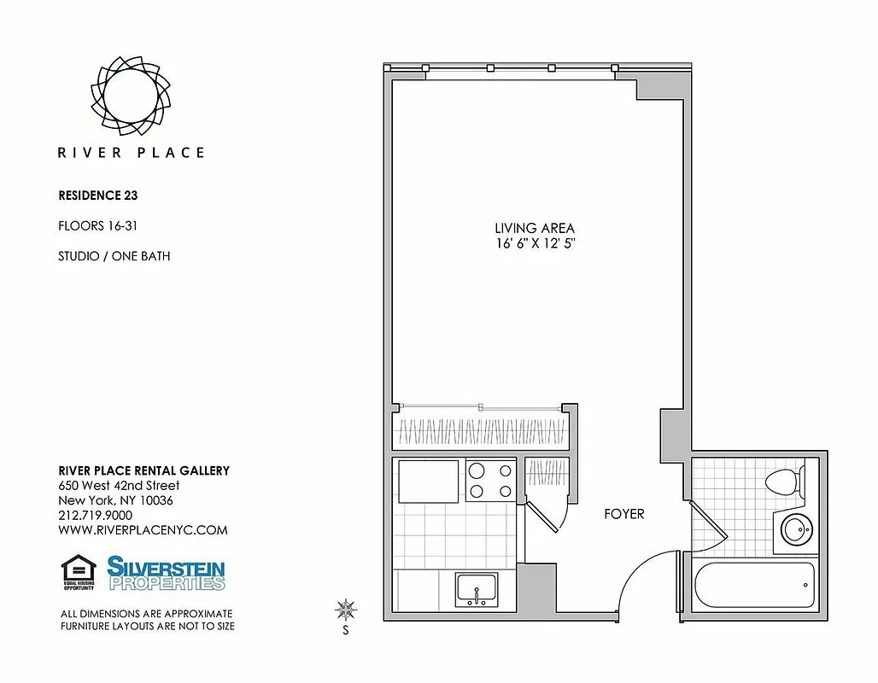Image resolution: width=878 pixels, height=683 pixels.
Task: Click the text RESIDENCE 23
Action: point(98,195)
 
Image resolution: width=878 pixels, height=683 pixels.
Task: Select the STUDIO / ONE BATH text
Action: point(114,256)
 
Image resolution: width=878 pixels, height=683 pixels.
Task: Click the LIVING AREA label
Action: point(535,228)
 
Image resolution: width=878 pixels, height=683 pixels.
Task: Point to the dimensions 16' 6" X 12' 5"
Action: point(535,243)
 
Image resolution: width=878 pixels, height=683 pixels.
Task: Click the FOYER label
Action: point(623,514)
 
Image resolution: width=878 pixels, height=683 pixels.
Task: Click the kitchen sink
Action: point(477,589)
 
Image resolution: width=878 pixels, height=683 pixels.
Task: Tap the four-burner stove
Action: point(490,480)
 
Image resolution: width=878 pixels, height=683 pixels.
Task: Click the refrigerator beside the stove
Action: point(428,481)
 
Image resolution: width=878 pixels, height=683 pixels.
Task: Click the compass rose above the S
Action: point(346,610)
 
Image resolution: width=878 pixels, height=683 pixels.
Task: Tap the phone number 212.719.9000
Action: point(95,515)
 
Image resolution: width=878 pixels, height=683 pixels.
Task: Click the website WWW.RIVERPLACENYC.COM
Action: point(143,529)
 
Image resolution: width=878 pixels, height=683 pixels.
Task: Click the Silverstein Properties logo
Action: point(166,572)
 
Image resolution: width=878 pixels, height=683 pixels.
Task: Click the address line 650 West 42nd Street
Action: point(119,485)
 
